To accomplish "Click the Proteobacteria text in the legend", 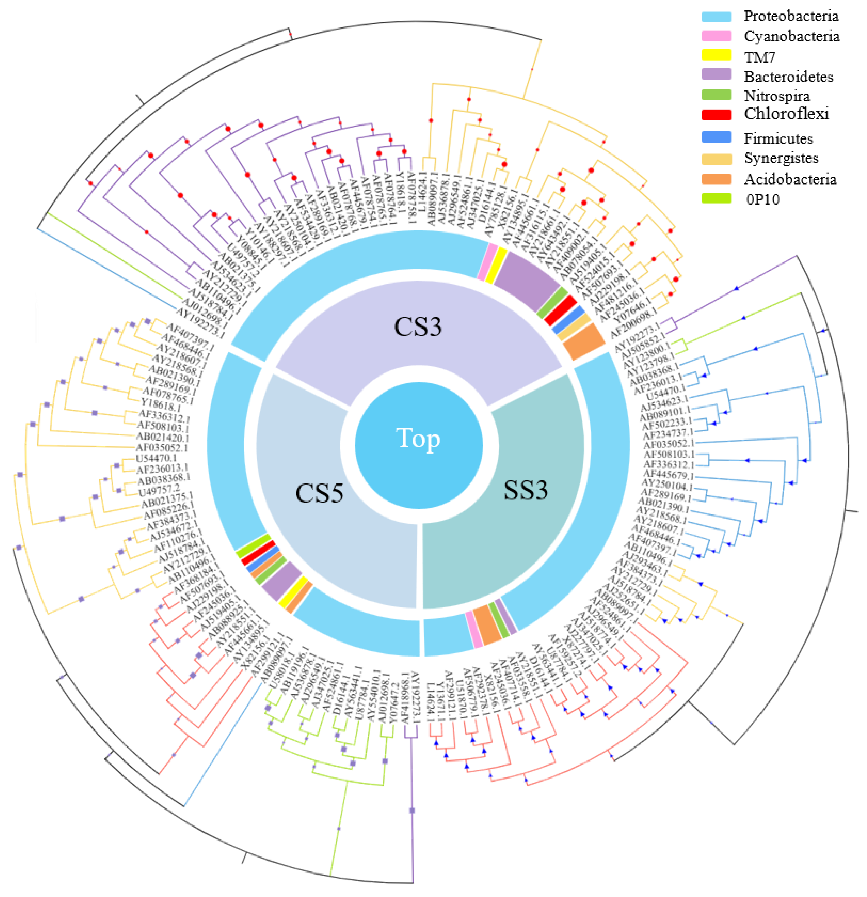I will pyautogui.click(x=791, y=16).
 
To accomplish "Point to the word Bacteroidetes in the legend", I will pyautogui.click(x=788, y=77).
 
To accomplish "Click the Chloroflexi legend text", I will pyautogui.click(x=786, y=114).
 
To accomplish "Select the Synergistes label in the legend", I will pyautogui.click(x=781, y=158).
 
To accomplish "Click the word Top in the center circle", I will pyautogui.click(x=418, y=438).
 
